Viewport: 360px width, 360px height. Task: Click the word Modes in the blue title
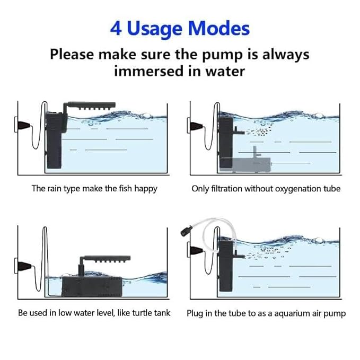pyautogui.click(x=219, y=29)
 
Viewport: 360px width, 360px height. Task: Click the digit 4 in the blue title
pyautogui.click(x=116, y=29)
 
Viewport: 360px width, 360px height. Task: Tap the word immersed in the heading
pyautogui.click(x=150, y=71)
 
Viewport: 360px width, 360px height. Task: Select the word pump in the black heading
pyautogui.click(x=222, y=56)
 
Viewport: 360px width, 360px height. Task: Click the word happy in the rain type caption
pyautogui.click(x=146, y=189)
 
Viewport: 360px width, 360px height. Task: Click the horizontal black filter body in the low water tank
pyautogui.click(x=92, y=286)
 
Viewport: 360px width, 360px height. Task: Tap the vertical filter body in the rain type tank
pyautogui.click(x=55, y=141)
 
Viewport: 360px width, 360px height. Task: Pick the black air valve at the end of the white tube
pyautogui.click(x=186, y=231)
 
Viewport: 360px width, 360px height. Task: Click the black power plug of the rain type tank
pyautogui.click(x=23, y=125)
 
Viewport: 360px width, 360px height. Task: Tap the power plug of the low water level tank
pyautogui.click(x=23, y=266)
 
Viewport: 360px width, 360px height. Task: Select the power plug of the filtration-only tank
pyautogui.click(x=196, y=126)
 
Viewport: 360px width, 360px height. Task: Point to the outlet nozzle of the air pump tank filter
pyautogui.click(x=238, y=254)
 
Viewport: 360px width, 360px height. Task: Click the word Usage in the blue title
pyautogui.click(x=154, y=29)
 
